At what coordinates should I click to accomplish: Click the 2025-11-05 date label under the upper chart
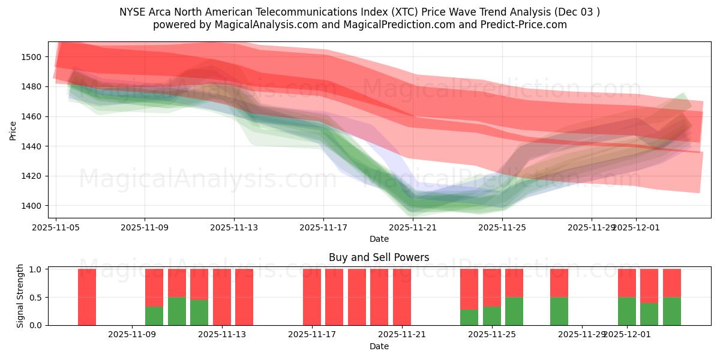pyautogui.click(x=56, y=227)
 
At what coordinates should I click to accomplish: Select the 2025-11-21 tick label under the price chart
pyautogui.click(x=413, y=227)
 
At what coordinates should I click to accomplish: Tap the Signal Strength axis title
pyautogui.click(x=20, y=296)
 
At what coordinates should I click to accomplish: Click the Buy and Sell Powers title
pyautogui.click(x=379, y=257)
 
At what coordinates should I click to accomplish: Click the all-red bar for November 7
pyautogui.click(x=87, y=297)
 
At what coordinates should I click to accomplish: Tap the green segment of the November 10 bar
pyautogui.click(x=177, y=311)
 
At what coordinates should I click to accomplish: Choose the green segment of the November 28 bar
pyautogui.click(x=559, y=311)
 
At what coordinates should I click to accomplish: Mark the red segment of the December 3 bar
pyautogui.click(x=672, y=283)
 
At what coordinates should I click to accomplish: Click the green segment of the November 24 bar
pyautogui.click(x=469, y=317)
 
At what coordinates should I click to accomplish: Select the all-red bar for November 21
pyautogui.click(x=402, y=297)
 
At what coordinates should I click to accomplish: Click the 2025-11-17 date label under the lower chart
pyautogui.click(x=312, y=334)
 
